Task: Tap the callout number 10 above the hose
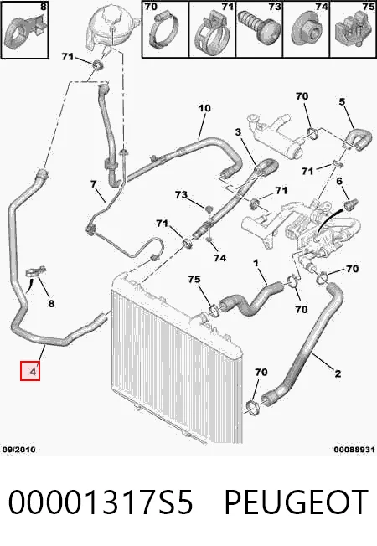[x=204, y=108]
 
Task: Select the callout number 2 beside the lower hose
[x=338, y=374]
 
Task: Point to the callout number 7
[x=93, y=183]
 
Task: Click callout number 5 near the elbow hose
[x=342, y=101]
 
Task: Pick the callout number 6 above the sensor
[x=339, y=181]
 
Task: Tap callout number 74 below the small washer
[x=219, y=258]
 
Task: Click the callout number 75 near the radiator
[x=194, y=279]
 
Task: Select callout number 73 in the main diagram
[x=181, y=194]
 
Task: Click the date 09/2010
[x=18, y=450]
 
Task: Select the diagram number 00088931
[x=354, y=450]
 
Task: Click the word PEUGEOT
[x=297, y=502]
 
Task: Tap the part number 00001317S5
[x=101, y=502]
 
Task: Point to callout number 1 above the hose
[x=256, y=263]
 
